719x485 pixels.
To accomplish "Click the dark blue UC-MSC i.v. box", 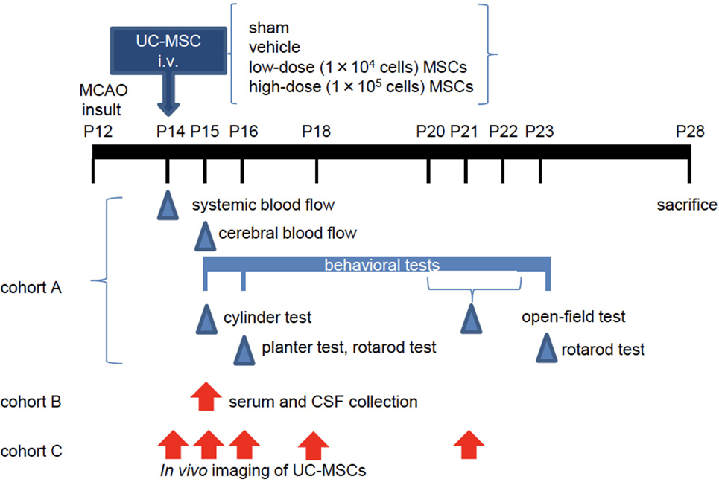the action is (168, 51).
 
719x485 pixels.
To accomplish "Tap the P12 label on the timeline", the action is (98, 132).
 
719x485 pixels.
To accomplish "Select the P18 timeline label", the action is (316, 132).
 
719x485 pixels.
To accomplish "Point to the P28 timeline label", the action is (690, 132).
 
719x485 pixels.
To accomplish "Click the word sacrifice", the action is (687, 205).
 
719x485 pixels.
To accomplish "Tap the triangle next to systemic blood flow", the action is (168, 205).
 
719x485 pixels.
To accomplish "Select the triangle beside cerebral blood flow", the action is (205, 236).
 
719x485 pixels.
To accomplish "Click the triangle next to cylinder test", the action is (206, 319).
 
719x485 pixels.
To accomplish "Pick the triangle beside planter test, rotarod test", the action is (244, 350).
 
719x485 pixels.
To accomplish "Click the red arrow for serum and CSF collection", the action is (206, 396).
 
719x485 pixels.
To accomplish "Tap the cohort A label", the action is (31, 288).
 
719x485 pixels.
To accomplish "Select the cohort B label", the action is (31, 402).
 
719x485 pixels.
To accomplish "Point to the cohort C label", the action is (31, 451).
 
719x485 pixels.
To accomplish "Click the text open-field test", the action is (574, 316).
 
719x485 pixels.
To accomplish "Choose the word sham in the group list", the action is (269, 28).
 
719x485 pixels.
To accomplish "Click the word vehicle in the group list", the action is (274, 47).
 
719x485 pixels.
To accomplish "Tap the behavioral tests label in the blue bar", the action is (382, 265).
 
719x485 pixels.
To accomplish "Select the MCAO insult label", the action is (103, 100).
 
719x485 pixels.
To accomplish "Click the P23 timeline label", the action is (539, 132).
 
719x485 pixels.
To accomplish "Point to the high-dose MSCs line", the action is (361, 86).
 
